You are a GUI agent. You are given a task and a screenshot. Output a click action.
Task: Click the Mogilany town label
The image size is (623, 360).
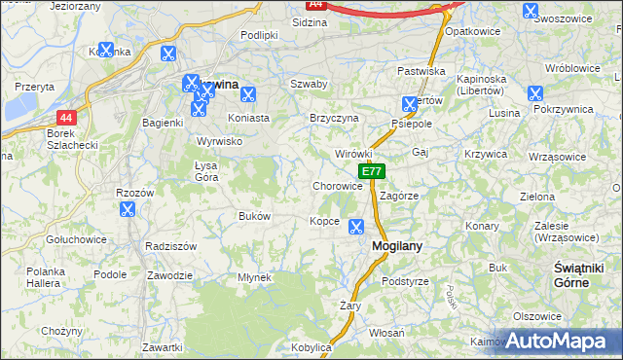pos(397,246)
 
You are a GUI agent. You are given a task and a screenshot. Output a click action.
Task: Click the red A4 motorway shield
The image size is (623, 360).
pos(315,5)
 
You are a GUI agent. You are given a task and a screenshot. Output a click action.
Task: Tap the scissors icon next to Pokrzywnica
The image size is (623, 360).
pos(533,93)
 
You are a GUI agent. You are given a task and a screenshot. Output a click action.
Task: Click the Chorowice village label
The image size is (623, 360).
pos(338,185)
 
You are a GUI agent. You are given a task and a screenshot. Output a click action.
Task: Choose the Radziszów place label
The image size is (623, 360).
pos(170,246)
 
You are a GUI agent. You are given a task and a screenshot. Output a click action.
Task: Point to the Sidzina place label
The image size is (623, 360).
pos(309,20)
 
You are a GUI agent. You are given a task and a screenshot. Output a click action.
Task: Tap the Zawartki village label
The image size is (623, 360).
pos(162,346)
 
